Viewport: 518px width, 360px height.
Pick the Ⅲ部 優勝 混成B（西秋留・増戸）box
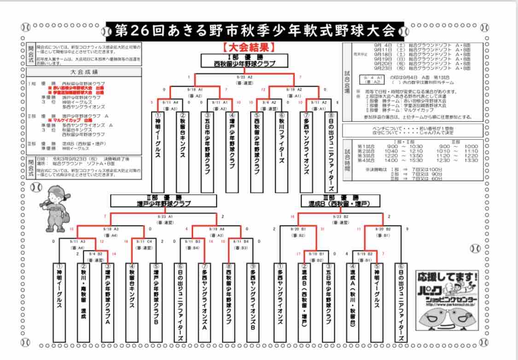[x=341, y=200]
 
